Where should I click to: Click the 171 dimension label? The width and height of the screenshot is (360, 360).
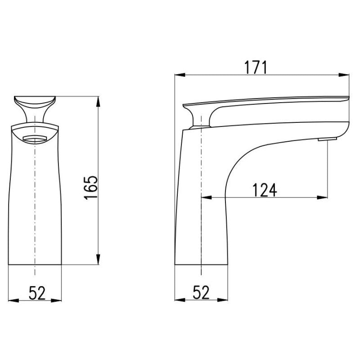click(x=256, y=67)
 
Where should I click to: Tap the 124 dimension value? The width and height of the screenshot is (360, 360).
click(x=265, y=190)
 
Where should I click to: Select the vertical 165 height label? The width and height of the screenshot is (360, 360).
click(x=90, y=188)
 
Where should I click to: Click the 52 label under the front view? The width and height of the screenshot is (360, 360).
click(x=37, y=293)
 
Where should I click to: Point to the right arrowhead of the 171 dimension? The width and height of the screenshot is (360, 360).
click(x=344, y=75)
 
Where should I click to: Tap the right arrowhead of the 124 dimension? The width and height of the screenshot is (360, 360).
click(x=322, y=198)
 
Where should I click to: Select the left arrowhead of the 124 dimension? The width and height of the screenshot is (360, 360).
click(x=207, y=198)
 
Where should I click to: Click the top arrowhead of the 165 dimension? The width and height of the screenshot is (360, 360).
click(x=98, y=102)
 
